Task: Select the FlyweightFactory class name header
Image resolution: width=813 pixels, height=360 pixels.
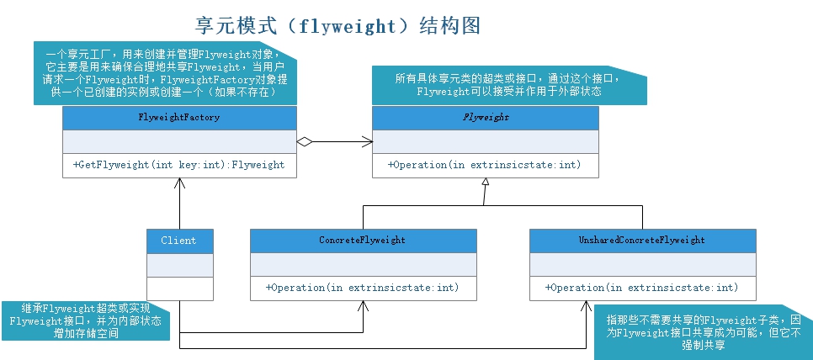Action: click(178, 118)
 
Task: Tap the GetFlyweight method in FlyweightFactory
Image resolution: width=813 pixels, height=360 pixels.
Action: click(178, 165)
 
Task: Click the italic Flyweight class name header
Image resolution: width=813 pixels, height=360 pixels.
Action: click(486, 118)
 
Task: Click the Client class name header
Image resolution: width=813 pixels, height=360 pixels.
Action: click(179, 241)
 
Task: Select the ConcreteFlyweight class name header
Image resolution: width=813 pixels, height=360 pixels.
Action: click(362, 241)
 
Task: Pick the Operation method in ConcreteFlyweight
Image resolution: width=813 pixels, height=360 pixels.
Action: click(362, 288)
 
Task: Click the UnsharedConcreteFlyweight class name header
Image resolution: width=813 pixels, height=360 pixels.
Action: click(642, 241)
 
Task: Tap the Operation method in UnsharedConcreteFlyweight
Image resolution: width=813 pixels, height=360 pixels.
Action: click(641, 288)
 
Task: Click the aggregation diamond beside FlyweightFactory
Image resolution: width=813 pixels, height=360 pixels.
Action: click(305, 142)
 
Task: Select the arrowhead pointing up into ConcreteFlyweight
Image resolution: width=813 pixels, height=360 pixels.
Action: click(364, 305)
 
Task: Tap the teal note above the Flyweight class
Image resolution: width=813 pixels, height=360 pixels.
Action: click(509, 85)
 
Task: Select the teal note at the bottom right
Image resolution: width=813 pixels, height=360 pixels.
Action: click(703, 332)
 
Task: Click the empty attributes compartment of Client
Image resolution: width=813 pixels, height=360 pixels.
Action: click(179, 265)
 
